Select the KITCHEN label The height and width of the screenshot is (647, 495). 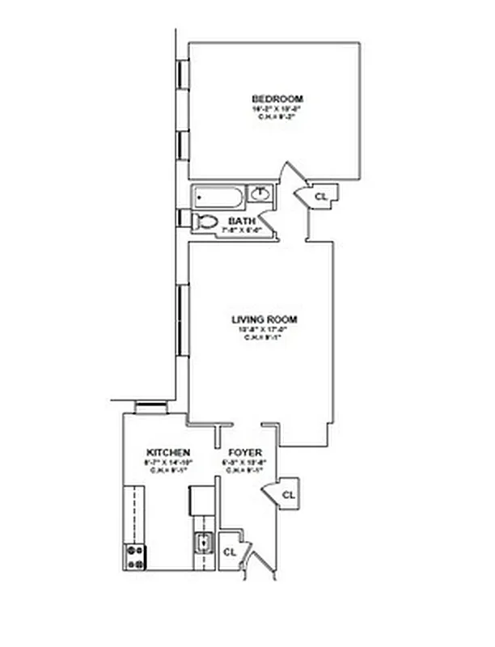tap(168, 451)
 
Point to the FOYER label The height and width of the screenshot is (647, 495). tap(243, 451)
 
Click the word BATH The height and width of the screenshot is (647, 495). tap(242, 221)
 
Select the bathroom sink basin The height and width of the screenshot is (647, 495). tap(261, 194)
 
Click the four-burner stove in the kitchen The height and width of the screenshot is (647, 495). tap(134, 556)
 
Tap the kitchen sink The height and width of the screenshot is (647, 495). tap(202, 543)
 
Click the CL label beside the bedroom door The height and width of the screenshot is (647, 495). tap(320, 196)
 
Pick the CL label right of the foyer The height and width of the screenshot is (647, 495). tap(289, 494)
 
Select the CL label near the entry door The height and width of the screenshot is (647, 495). tap(229, 552)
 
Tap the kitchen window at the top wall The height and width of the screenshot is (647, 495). tap(150, 408)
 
